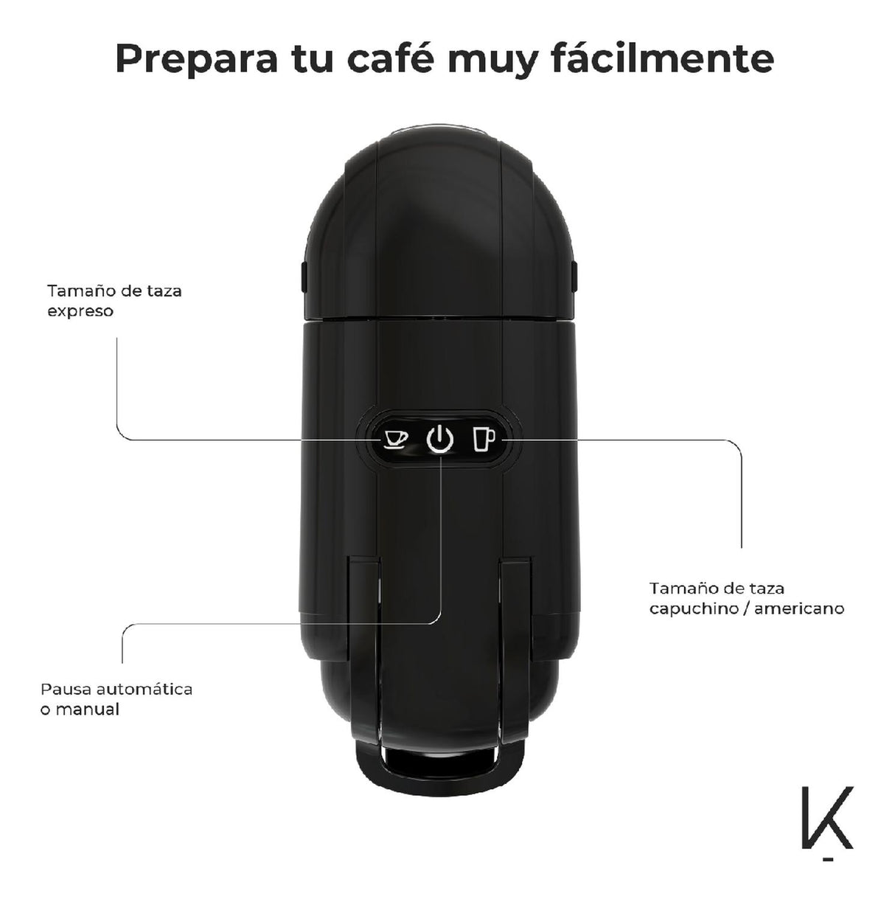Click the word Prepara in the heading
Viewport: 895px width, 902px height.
coord(196,60)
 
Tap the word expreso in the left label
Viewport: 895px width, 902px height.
coord(80,312)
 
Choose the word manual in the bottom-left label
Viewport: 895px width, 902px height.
coord(88,709)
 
